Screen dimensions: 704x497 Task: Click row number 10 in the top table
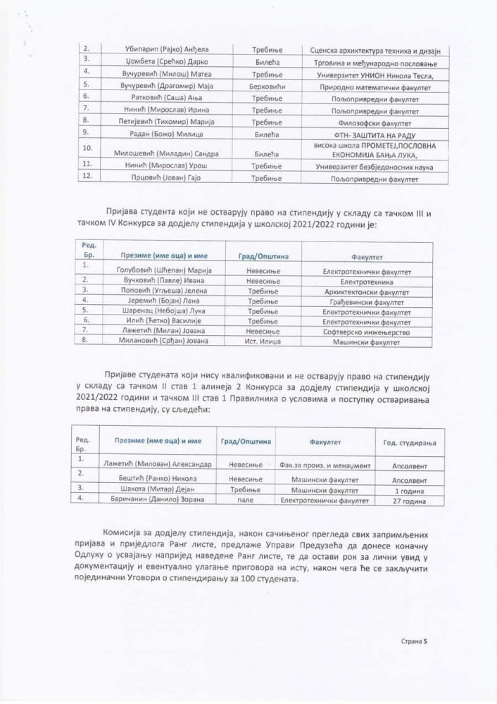tap(88, 149)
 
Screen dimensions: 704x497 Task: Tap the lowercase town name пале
tap(256, 500)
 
